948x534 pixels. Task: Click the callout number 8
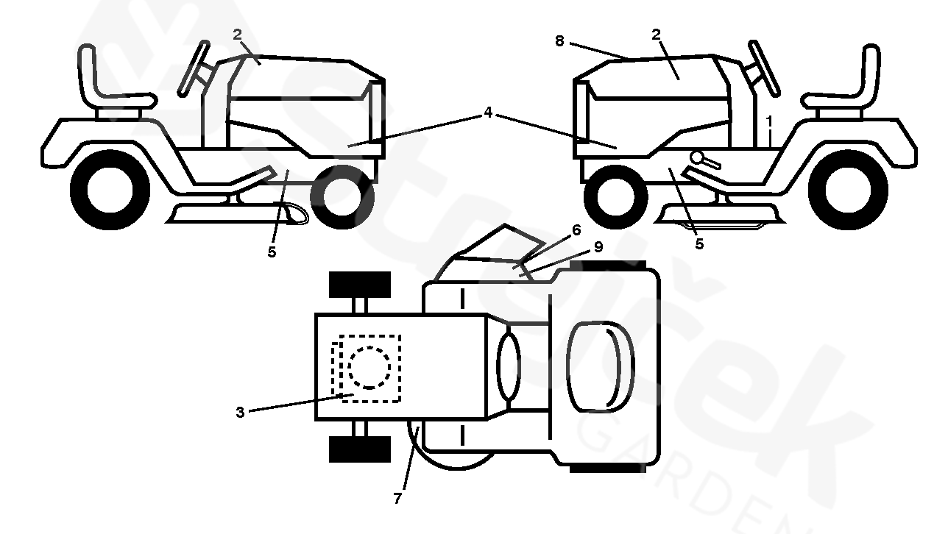click(x=559, y=42)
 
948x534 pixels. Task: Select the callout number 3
click(x=240, y=413)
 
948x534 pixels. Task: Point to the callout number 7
click(x=397, y=498)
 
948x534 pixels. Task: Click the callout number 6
click(x=576, y=231)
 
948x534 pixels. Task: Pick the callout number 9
click(x=598, y=247)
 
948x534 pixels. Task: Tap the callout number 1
click(x=769, y=119)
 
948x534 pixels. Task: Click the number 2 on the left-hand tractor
click(x=237, y=34)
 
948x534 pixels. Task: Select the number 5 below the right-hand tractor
click(x=699, y=243)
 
